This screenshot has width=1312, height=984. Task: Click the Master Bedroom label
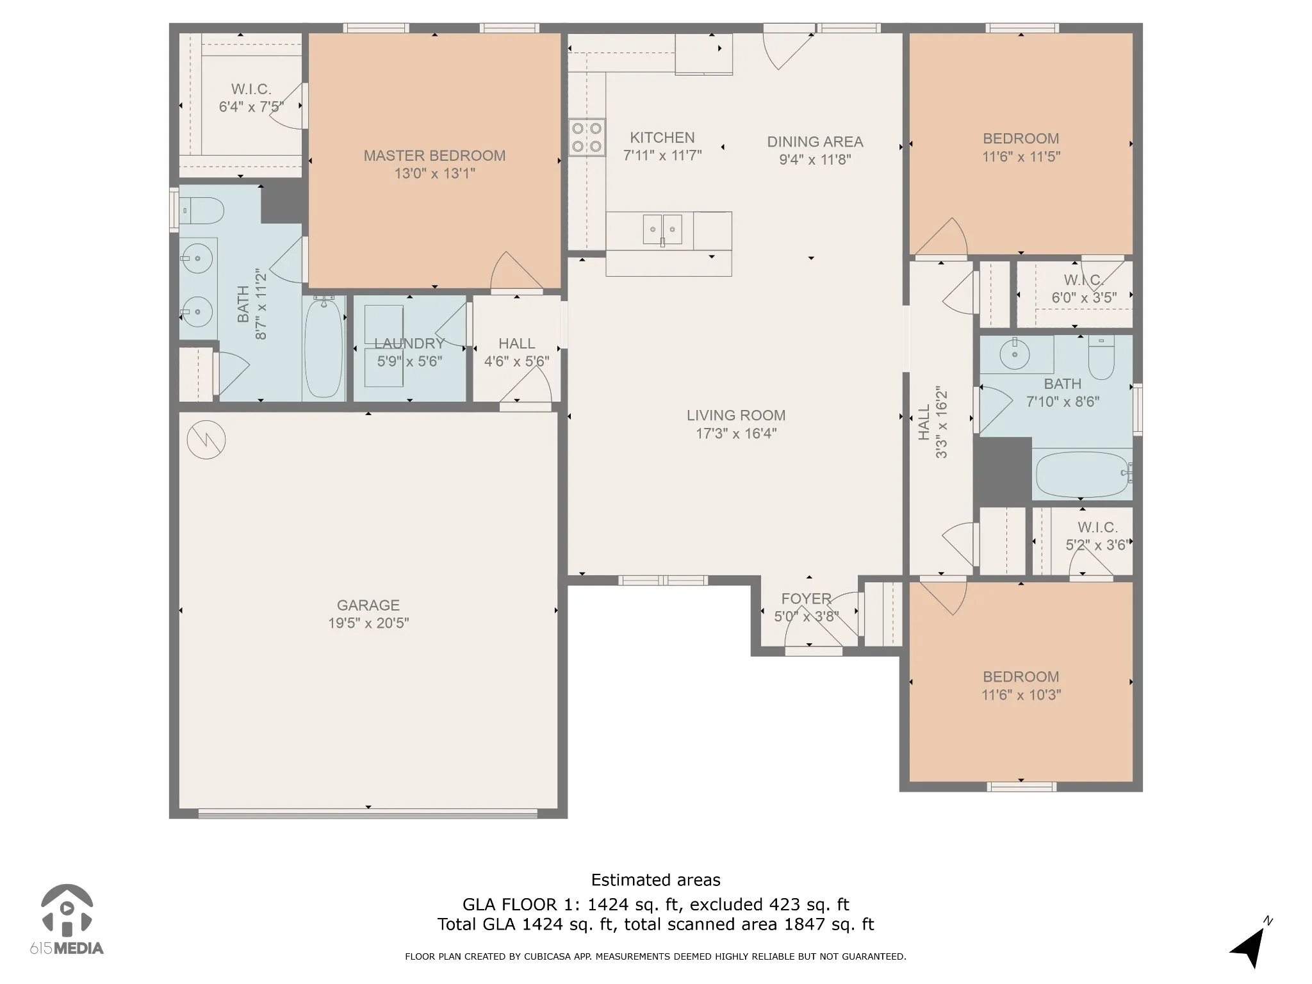coord(434,156)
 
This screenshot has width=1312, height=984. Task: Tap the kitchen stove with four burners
coord(587,137)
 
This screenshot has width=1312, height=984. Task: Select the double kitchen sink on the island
coord(662,229)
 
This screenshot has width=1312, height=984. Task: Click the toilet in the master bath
coord(201,211)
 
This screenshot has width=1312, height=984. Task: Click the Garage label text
coord(368,605)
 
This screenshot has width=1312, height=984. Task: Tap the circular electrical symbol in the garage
coord(206,439)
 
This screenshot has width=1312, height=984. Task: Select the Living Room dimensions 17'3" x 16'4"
coord(736,434)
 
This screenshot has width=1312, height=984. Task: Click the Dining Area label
coord(815,142)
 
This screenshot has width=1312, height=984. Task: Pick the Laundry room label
coord(409,344)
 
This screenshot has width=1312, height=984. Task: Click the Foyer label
coord(806,599)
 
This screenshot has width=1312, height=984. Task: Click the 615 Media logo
coord(67,920)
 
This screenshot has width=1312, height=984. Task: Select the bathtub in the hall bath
coord(1083,474)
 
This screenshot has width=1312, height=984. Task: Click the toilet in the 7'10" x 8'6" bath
coord(1101,356)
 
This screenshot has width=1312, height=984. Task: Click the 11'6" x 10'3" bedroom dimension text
coord(1021,695)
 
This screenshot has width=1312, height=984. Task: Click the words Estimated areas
coord(655,880)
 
